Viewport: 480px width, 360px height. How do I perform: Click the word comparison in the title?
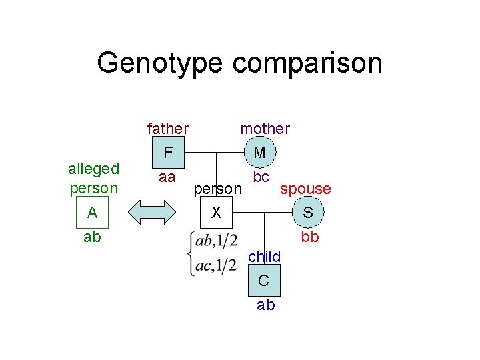tap(308, 63)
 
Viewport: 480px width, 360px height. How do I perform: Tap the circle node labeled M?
tap(260, 153)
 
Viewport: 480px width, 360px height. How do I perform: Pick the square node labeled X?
tap(215, 213)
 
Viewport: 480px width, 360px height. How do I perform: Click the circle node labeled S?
tap(308, 213)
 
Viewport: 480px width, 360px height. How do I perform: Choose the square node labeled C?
tap(264, 280)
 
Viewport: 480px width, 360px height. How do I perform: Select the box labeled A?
tap(93, 213)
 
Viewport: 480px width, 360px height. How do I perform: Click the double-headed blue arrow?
tap(154, 213)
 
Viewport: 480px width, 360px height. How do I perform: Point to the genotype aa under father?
tap(167, 177)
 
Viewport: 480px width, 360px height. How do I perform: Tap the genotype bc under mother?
tap(261, 177)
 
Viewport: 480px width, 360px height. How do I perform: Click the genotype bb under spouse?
tap(309, 237)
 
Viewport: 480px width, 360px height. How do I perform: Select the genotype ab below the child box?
tap(265, 305)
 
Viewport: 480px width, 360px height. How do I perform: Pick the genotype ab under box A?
tap(92, 237)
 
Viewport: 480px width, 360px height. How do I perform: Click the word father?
tap(167, 128)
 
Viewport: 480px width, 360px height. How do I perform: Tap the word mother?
tap(265, 128)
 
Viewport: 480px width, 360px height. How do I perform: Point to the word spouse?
tap(305, 189)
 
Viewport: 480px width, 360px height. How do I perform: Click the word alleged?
tap(93, 168)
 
